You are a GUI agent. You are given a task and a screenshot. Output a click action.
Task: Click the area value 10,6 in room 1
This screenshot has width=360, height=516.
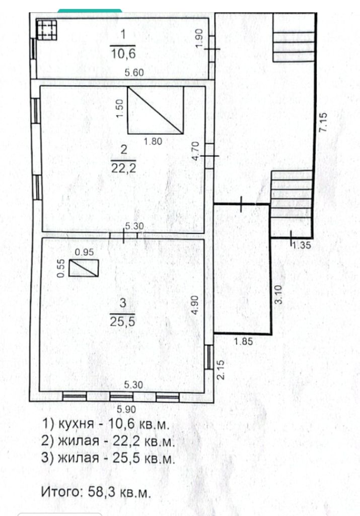click(x=124, y=52)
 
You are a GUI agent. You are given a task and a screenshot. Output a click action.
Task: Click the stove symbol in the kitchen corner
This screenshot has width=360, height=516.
click(x=46, y=29)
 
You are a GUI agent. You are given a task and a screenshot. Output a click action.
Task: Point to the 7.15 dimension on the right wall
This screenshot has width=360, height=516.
click(x=323, y=122)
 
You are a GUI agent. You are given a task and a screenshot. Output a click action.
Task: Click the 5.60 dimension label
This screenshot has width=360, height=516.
click(x=134, y=73)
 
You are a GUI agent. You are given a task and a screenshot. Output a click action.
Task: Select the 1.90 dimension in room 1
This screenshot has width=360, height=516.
click(x=199, y=39)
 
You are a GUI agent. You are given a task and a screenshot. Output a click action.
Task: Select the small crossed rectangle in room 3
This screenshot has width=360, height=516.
click(x=83, y=268)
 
